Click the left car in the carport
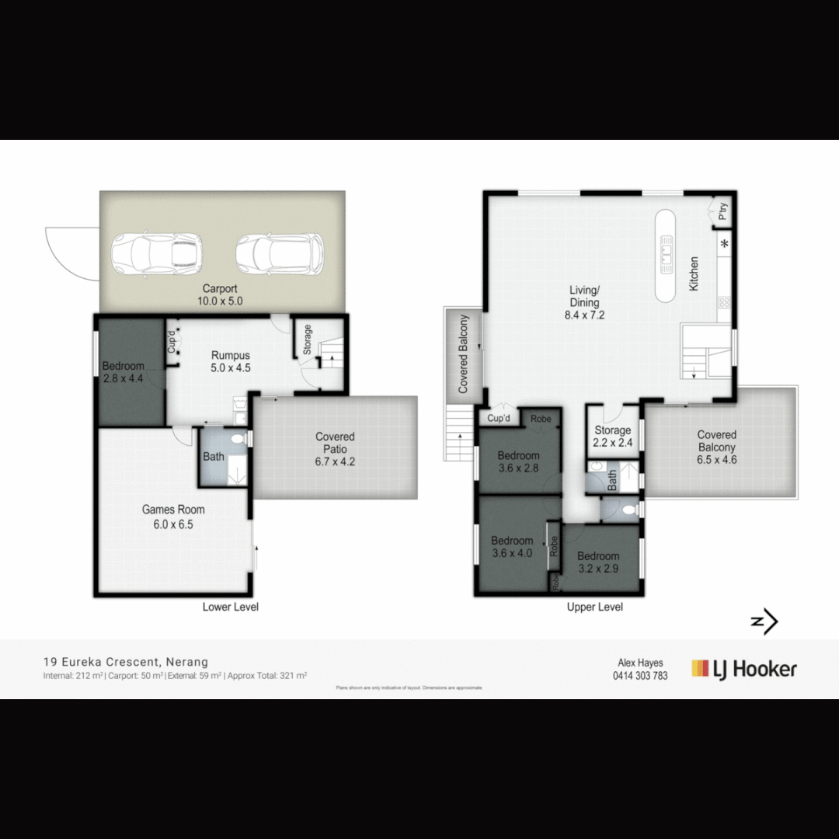point(157,254)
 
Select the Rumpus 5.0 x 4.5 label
point(230,361)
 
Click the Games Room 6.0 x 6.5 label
point(173,517)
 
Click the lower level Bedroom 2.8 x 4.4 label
point(123,372)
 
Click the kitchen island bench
point(667,256)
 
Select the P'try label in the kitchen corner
point(722,211)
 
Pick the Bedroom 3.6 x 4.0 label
point(512,547)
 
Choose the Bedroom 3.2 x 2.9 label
point(598,562)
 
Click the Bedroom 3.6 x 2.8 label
point(518,461)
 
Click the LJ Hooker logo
point(743,669)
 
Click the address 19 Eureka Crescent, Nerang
point(126,662)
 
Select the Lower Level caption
point(230,607)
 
